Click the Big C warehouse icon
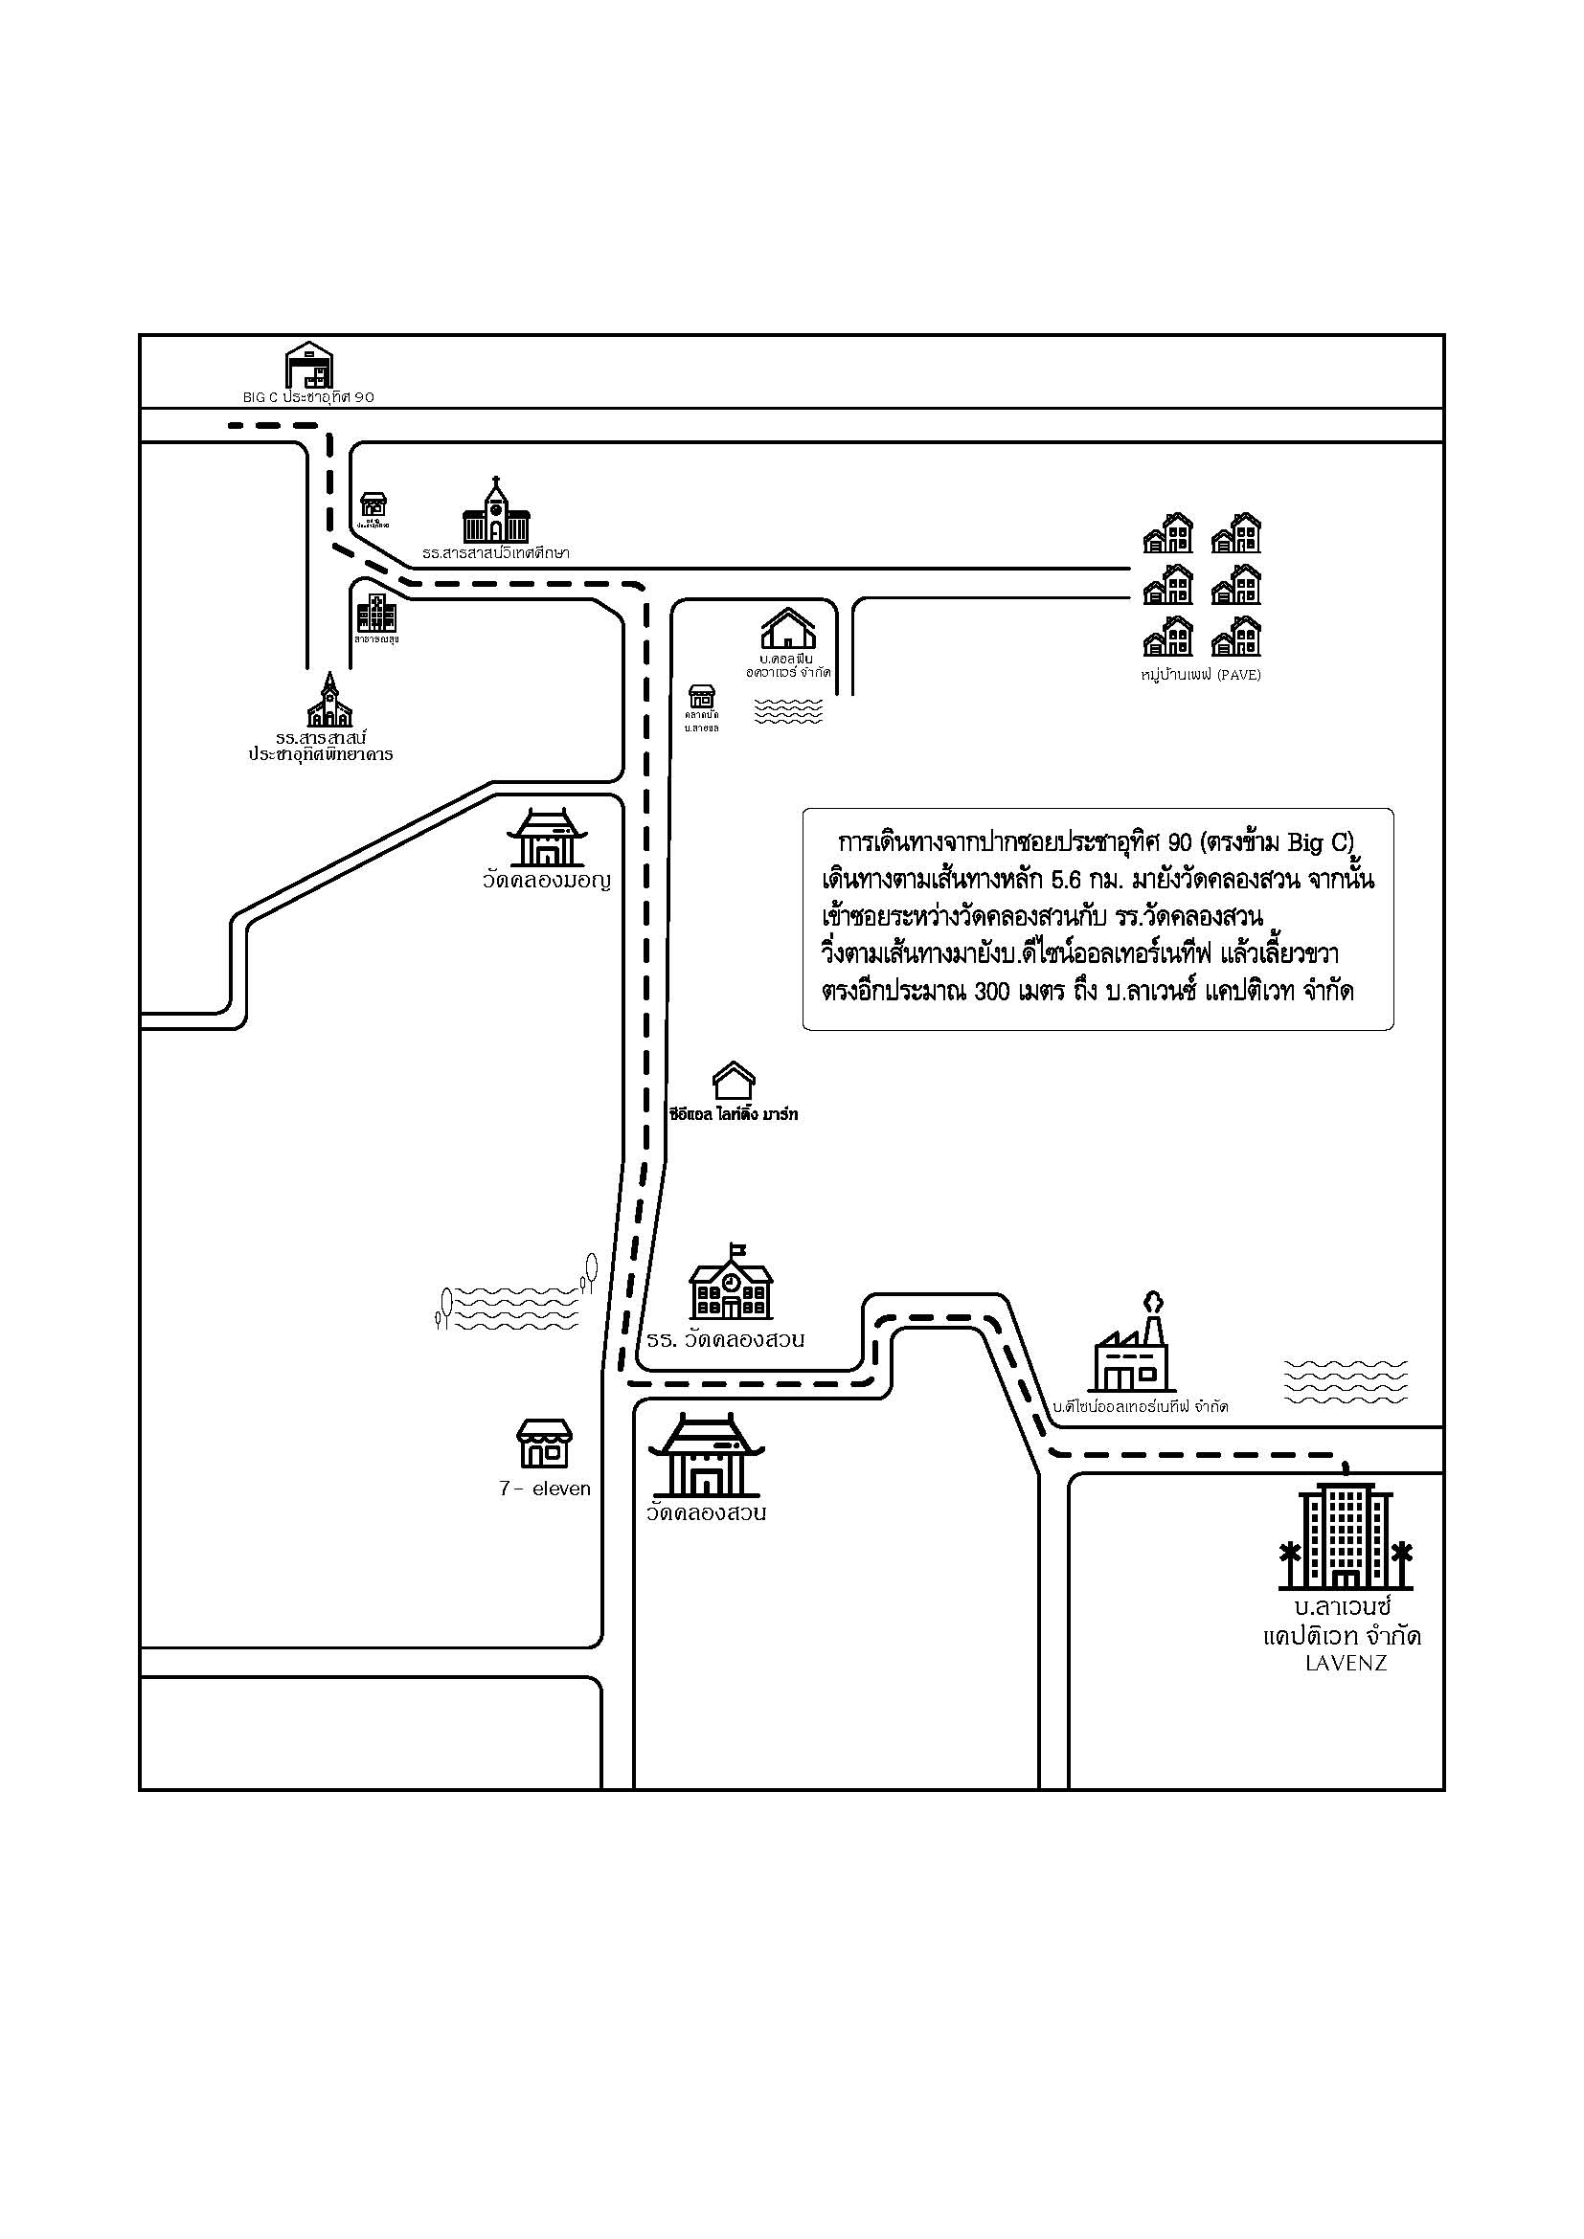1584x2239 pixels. click(309, 366)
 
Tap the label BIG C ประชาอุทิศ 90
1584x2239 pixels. click(308, 398)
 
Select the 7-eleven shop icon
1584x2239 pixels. click(544, 1444)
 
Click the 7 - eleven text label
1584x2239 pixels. click(544, 1489)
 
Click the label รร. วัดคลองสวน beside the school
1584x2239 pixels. click(726, 1340)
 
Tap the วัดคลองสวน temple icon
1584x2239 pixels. click(707, 1455)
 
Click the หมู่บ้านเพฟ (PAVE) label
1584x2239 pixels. click(1201, 675)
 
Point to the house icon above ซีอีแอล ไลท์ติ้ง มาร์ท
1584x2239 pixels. click(734, 1082)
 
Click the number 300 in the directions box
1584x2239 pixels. click(994, 992)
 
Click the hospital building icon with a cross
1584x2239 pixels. click(375, 614)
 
